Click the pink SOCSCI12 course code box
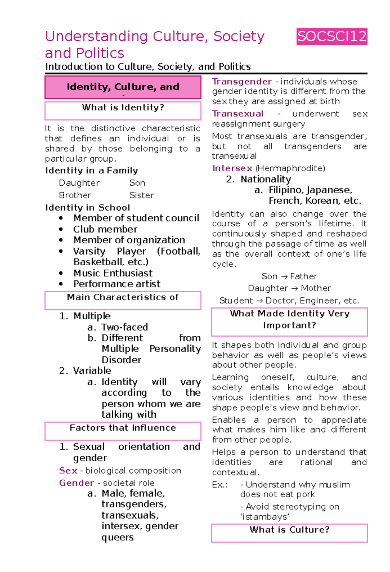pos(332,36)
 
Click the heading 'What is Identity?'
pos(123,108)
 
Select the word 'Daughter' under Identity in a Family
pos(79,183)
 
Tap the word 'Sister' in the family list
pos(142,195)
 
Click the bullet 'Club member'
pos(105,229)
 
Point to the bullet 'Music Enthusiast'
pos(113,273)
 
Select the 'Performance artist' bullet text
pos(117,284)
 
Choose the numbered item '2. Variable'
pos(85,371)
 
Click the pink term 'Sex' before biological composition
pos(68,471)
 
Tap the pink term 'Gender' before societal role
pos(77,483)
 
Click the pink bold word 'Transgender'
pos(242,82)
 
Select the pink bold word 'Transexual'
pos(238,114)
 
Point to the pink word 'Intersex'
pos(232,168)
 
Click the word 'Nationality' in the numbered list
pos(266,179)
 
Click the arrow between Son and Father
pos(284,277)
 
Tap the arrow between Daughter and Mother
pos(294,288)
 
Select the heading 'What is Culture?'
pos(289,530)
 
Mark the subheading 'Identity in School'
pos(88,208)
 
